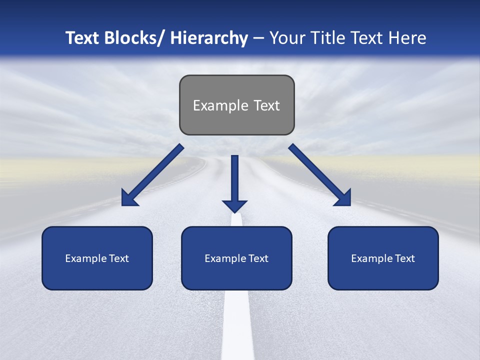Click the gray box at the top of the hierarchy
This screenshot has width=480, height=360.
pyautogui.click(x=236, y=105)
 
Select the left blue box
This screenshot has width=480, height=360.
pyautogui.click(x=97, y=258)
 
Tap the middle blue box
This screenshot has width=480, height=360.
pyautogui.click(x=236, y=258)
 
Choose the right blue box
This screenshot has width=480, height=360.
pyautogui.click(x=383, y=258)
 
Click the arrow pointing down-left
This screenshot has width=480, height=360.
pyautogui.click(x=152, y=175)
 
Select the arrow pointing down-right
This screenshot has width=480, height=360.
pyautogui.click(x=320, y=175)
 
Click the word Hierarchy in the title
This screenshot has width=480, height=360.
pyautogui.click(x=209, y=38)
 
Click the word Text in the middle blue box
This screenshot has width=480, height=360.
pyautogui.click(x=257, y=258)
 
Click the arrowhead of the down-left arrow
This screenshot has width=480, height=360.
pyautogui.click(x=128, y=199)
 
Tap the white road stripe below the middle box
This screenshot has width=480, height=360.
pyautogui.click(x=237, y=325)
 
